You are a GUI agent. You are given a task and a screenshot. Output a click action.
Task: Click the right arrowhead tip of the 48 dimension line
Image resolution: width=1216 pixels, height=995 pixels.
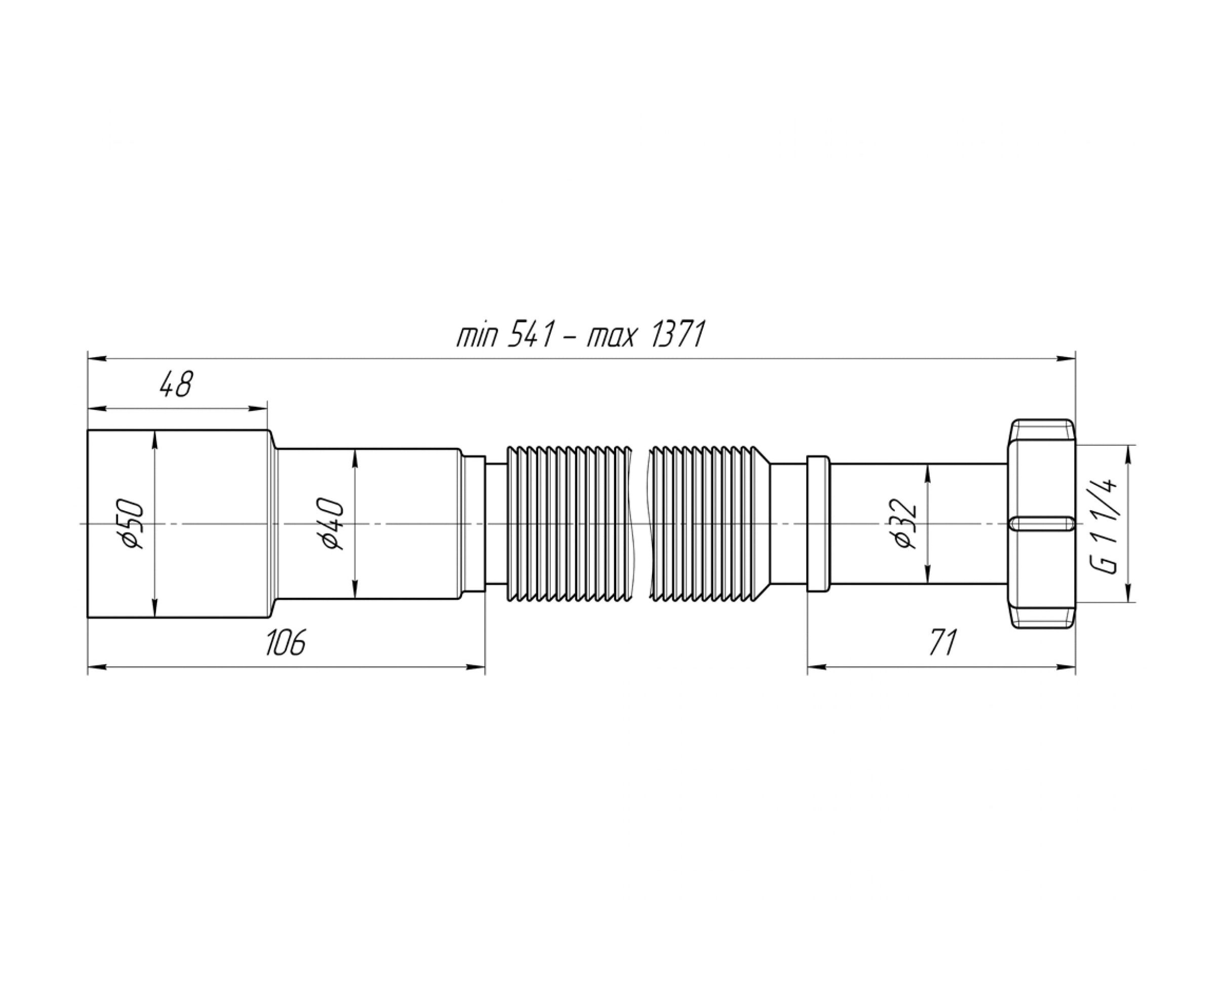[267, 409]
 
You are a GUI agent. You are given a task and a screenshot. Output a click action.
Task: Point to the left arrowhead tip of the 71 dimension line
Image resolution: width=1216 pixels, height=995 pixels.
[808, 667]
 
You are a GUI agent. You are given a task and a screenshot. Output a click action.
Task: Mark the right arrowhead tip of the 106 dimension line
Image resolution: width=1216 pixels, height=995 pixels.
[485, 667]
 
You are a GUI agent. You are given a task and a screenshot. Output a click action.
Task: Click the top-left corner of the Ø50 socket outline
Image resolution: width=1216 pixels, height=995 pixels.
[88, 430]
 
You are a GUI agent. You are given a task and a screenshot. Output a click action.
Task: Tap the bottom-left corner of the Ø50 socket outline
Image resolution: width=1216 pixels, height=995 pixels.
[88, 618]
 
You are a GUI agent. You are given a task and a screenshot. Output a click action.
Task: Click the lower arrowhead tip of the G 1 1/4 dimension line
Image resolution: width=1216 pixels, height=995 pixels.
[1128, 602]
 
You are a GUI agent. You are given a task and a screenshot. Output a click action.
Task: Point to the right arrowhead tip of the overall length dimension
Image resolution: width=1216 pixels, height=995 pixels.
[1075, 359]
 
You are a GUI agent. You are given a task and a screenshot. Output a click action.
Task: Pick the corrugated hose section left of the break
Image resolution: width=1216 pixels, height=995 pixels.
[572, 524]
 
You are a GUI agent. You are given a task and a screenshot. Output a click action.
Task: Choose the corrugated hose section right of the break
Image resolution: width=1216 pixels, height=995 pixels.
[709, 524]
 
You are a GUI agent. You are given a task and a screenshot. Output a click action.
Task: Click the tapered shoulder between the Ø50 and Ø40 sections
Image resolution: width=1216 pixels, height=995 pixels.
[274, 524]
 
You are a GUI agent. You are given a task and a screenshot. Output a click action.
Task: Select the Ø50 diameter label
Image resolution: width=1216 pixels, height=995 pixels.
[131, 524]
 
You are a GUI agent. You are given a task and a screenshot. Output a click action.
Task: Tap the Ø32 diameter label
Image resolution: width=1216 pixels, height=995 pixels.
[904, 524]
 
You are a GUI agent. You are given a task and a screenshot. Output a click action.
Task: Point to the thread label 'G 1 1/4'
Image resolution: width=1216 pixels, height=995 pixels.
[1104, 524]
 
